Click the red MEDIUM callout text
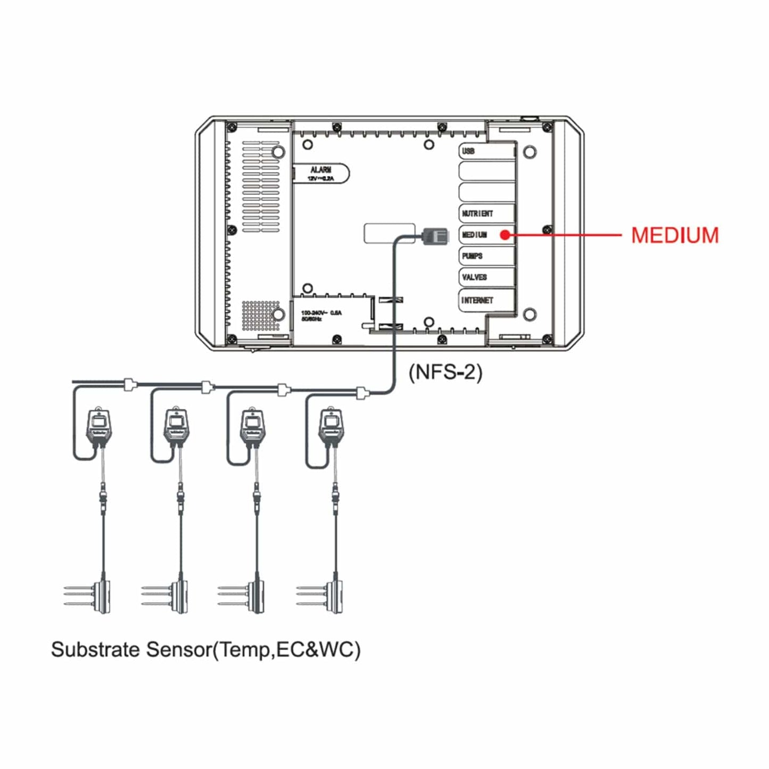tap(674, 235)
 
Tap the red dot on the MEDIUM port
tap(505, 235)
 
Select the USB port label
tap(468, 151)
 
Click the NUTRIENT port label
tap(477, 213)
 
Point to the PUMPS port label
tap(472, 256)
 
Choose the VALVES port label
tap(474, 277)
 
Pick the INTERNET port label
tap(477, 300)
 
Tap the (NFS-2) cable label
tap(445, 371)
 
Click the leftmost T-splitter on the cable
tap(129, 384)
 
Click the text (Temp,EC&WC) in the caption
tap(286, 649)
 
